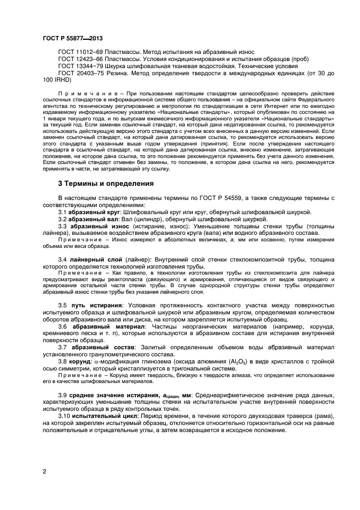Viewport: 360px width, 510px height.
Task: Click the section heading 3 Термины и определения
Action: (x=106, y=184)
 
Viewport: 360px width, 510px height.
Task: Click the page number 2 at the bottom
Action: (x=44, y=472)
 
